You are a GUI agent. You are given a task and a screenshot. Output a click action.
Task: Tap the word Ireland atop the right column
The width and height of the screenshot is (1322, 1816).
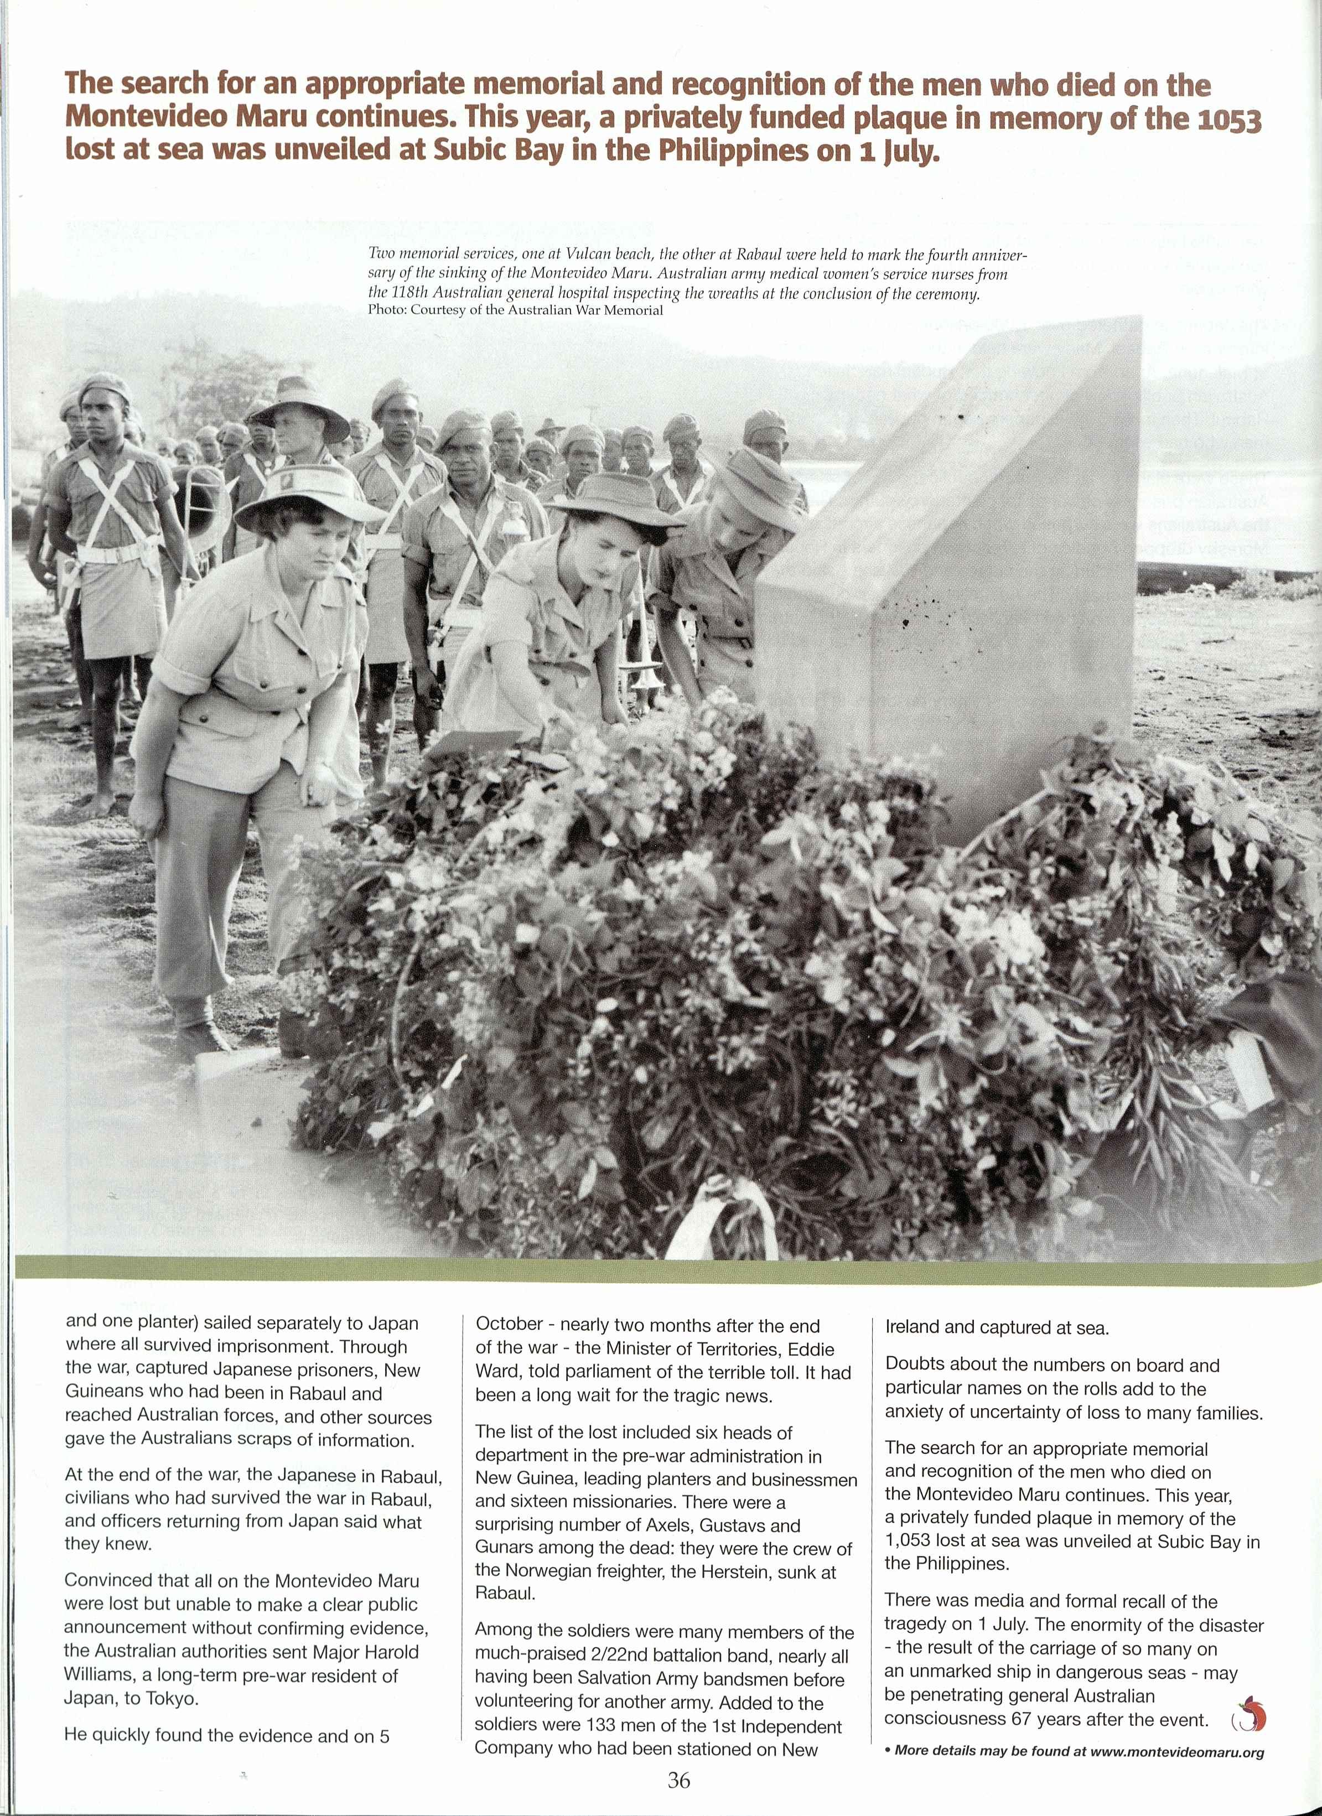(x=912, y=1327)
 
